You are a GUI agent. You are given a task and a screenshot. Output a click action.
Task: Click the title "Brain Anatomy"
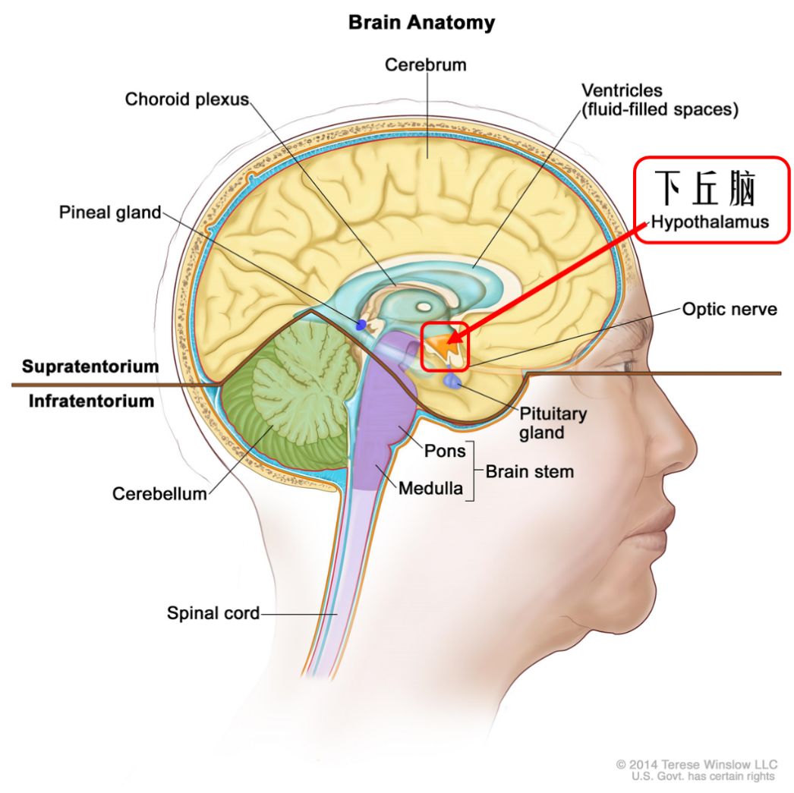click(x=421, y=23)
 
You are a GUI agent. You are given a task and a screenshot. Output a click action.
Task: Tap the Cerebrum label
click(x=425, y=65)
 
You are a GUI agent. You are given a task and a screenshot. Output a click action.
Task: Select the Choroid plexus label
click(x=187, y=99)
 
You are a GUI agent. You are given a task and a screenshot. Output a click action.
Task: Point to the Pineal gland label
click(x=110, y=212)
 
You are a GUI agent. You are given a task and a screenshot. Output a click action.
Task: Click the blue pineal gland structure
click(x=361, y=325)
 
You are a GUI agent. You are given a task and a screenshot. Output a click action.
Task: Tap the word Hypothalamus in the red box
click(x=710, y=222)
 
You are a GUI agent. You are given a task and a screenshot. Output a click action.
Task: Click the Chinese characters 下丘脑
click(x=707, y=189)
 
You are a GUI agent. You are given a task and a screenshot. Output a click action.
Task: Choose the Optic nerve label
click(x=729, y=310)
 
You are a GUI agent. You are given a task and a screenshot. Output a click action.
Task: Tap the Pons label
click(x=445, y=452)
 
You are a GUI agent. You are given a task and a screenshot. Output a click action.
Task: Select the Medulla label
click(x=430, y=488)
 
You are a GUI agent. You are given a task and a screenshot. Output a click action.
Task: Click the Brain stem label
click(x=529, y=471)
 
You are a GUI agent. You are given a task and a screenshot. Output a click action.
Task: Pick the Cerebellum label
click(x=159, y=493)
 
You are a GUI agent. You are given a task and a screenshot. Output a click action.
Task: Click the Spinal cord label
click(x=213, y=612)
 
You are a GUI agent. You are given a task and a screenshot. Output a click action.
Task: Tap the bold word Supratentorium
click(x=90, y=367)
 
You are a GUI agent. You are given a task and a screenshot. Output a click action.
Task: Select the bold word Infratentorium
click(x=91, y=400)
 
